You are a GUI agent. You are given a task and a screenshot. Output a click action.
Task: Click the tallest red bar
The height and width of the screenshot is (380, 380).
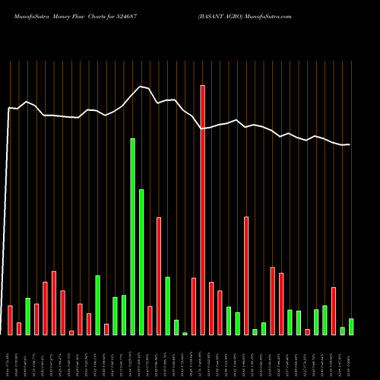pyautogui.click(x=202, y=210)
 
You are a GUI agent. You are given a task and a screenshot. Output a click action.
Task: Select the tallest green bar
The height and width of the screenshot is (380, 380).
pyautogui.click(x=133, y=236)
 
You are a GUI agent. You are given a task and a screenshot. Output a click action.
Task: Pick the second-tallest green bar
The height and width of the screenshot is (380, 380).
pyautogui.click(x=141, y=261)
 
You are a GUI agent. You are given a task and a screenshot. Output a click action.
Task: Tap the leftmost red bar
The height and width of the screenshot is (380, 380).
pyautogui.click(x=10, y=320)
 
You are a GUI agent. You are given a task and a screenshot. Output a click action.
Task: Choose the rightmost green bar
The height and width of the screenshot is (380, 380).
pyautogui.click(x=351, y=327)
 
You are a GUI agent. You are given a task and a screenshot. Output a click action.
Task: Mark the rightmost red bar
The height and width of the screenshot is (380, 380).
pyautogui.click(x=334, y=311)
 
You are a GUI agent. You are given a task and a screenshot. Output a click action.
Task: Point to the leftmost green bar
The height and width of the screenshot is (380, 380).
pyautogui.click(x=27, y=316)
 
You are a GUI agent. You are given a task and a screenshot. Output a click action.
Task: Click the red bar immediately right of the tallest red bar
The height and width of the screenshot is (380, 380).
pyautogui.click(x=211, y=309)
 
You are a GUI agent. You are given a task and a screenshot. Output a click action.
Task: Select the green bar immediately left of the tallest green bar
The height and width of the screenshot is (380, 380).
pyautogui.click(x=124, y=315)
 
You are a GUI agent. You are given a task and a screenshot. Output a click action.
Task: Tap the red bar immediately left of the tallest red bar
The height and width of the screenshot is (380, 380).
pyautogui.click(x=194, y=306)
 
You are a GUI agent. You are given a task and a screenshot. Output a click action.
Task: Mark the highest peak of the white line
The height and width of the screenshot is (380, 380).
pyautogui.click(x=141, y=87)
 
